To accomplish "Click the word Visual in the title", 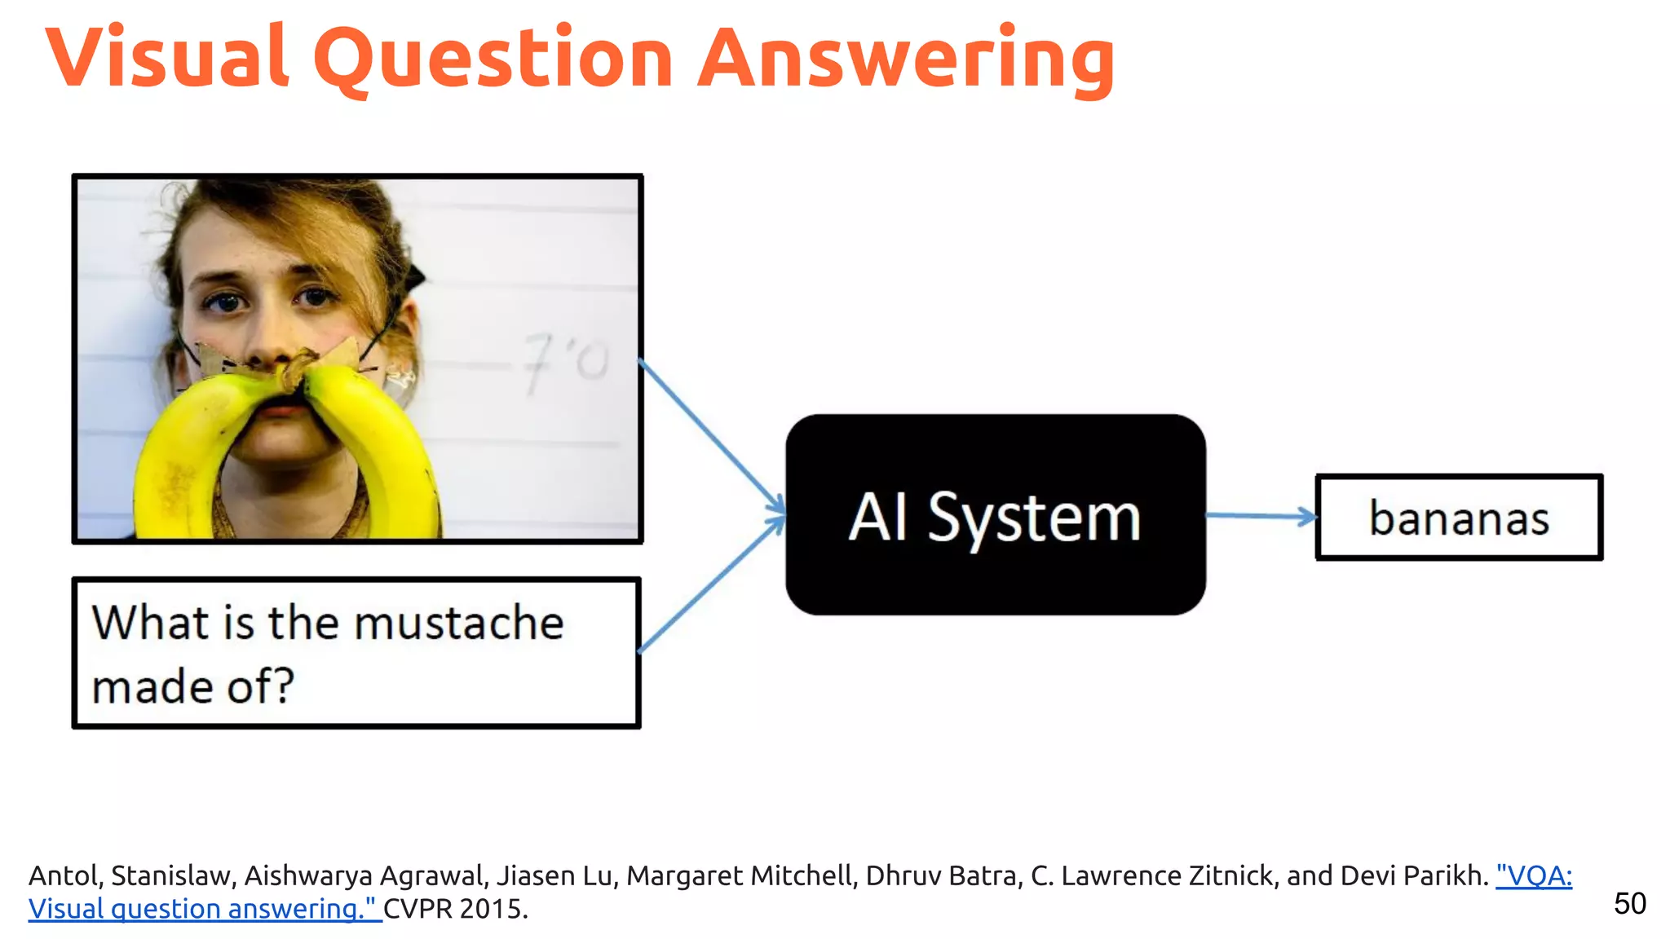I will (x=167, y=57).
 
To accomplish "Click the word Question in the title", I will (x=493, y=59).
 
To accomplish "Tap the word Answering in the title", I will (x=906, y=59).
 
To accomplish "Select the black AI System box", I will (x=995, y=515).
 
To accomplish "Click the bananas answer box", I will (x=1459, y=518).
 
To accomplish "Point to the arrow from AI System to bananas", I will (x=1261, y=515).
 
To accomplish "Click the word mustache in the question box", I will (x=458, y=624).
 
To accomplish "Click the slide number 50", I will (x=1629, y=904).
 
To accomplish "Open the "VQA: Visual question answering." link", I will (x=1533, y=876).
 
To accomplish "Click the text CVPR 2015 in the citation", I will (x=455, y=909).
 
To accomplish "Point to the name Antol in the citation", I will (x=64, y=876).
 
